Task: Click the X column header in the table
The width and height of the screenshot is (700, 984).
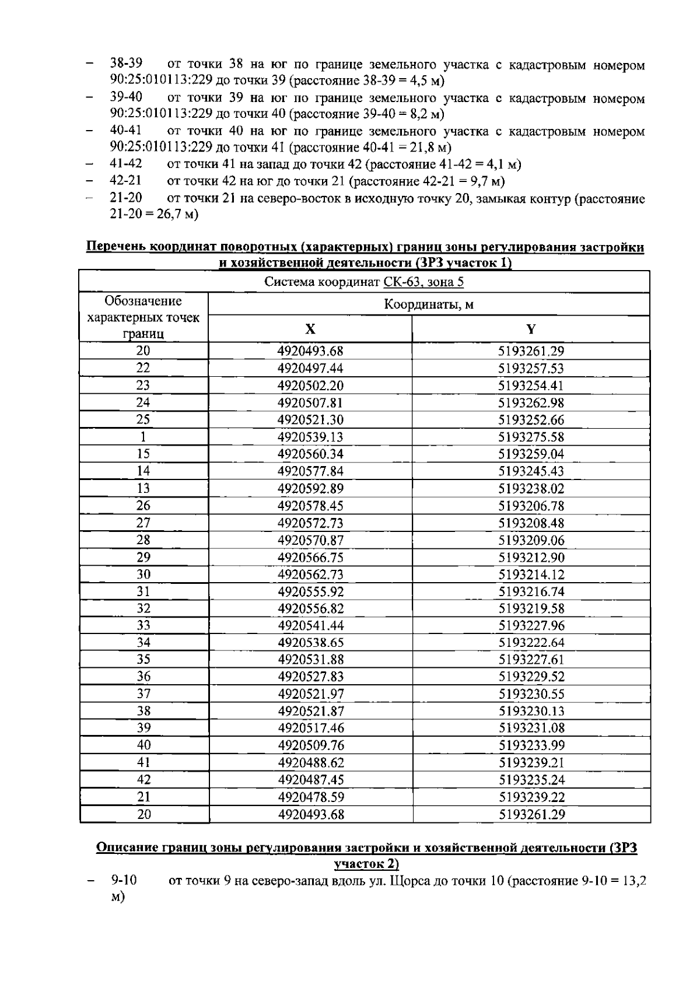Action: coord(310,329)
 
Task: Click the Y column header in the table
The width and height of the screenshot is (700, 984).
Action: coord(531,329)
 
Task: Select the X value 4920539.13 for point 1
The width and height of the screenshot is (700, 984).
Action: coord(310,437)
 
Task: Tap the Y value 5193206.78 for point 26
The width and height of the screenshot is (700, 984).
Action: coord(531,506)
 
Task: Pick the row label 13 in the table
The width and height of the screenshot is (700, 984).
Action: coord(143,488)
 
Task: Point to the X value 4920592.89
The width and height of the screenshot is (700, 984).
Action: coord(310,488)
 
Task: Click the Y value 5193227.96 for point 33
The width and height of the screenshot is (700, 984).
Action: coord(531,626)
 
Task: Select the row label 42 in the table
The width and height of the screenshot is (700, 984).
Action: coord(143,780)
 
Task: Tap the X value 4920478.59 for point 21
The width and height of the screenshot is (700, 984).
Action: coord(311,797)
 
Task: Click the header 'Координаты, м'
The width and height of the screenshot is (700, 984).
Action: coord(429,304)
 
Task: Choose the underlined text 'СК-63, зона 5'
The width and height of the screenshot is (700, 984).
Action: coord(423,283)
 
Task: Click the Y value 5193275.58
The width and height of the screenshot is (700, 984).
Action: coord(531,437)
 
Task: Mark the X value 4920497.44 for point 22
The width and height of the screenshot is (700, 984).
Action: coord(310,368)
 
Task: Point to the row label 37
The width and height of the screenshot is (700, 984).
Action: coord(143,694)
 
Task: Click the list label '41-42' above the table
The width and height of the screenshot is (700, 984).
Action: coord(126,164)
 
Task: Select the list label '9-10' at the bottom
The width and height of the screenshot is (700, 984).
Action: coord(124,880)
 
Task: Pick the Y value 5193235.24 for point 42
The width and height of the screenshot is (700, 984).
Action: coord(531,780)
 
